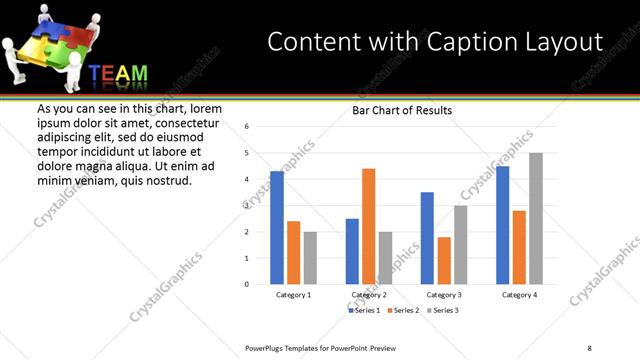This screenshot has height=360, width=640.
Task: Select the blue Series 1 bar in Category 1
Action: click(x=277, y=228)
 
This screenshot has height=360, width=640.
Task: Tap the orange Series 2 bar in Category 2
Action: click(x=368, y=226)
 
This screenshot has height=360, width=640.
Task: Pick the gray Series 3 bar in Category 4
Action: click(x=536, y=218)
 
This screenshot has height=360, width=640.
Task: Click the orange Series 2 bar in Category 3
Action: click(x=444, y=260)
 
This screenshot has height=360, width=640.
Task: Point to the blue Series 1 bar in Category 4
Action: click(x=502, y=225)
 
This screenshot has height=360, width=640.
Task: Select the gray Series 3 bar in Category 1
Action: click(x=310, y=258)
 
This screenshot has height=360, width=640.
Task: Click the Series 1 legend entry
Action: click(x=365, y=311)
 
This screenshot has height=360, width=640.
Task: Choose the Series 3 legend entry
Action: click(x=443, y=311)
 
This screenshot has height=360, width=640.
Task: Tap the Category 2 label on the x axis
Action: click(x=368, y=295)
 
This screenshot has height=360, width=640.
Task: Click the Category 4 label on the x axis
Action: click(x=519, y=295)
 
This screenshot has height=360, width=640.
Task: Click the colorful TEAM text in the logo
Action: click(x=118, y=74)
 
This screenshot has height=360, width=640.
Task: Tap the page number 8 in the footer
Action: click(x=589, y=347)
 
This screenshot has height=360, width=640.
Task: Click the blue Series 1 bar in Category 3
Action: click(x=427, y=238)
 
